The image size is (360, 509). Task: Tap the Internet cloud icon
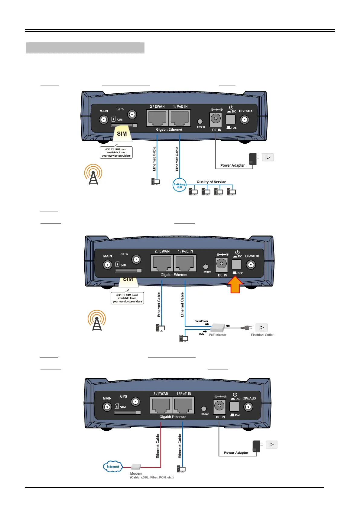[113, 466]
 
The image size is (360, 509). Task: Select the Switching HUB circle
[179, 185]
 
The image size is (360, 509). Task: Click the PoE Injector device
[218, 327]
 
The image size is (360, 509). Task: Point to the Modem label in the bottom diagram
[136, 474]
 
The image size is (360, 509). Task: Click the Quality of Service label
[211, 182]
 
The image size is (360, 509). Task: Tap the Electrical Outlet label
[262, 335]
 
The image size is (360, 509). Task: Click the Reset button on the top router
[200, 122]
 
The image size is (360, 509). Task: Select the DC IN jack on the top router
[216, 119]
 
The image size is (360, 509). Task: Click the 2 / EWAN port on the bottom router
[161, 405]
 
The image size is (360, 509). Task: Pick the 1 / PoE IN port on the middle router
[185, 263]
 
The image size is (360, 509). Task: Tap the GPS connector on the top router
[132, 115]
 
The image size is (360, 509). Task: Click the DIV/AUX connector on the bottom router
[248, 407]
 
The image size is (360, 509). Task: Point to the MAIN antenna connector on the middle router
[107, 265]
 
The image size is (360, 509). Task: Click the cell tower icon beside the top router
[93, 175]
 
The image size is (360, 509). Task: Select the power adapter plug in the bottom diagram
[256, 446]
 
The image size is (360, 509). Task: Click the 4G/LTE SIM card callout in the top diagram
[116, 152]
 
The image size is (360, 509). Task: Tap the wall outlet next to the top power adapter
[268, 157]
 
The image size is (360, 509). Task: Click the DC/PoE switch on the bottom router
[234, 406]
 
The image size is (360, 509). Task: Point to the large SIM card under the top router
[122, 134]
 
